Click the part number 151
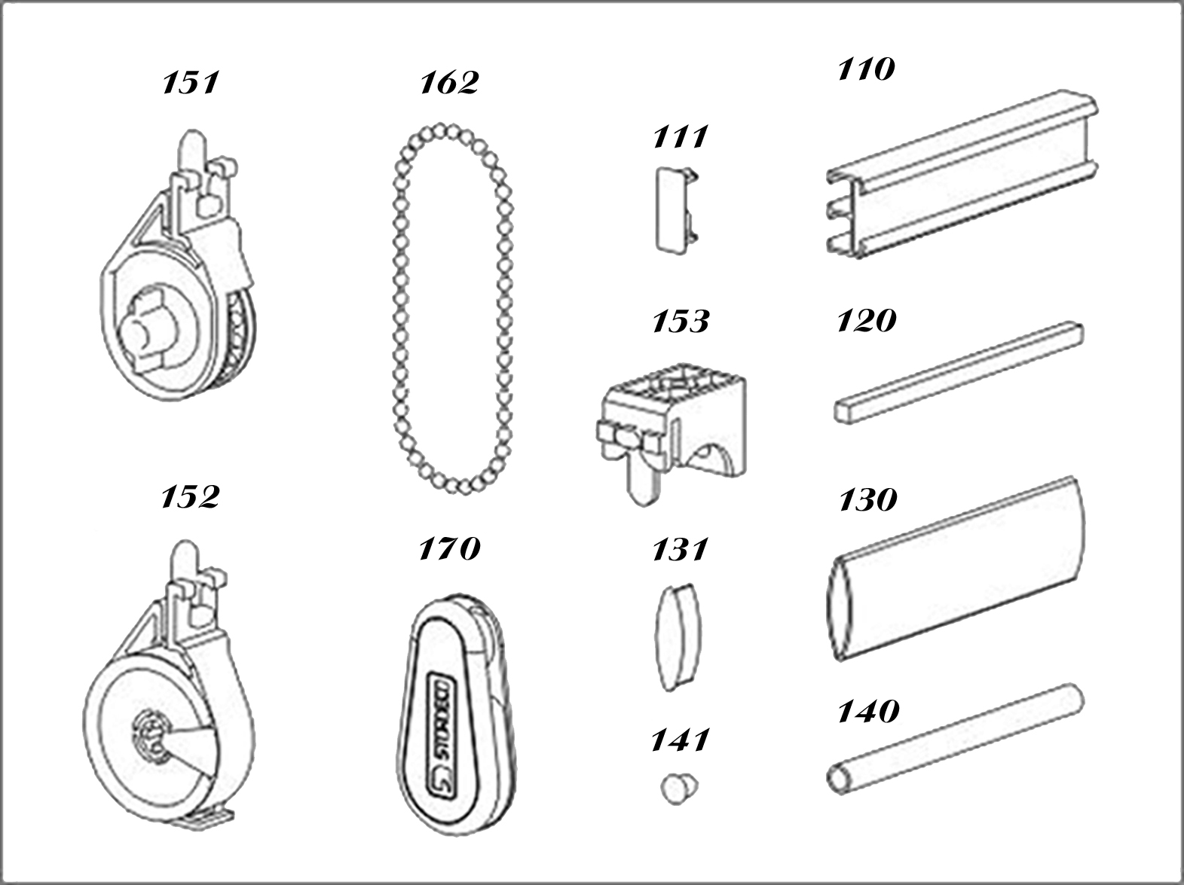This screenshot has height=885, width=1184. pyautogui.click(x=191, y=84)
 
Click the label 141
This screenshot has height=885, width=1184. pyautogui.click(x=681, y=740)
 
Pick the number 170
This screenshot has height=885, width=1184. pyautogui.click(x=449, y=548)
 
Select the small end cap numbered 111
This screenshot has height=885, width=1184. pyautogui.click(x=677, y=209)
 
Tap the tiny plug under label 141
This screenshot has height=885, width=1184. pyautogui.click(x=678, y=789)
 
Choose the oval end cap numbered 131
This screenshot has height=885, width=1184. pyautogui.click(x=678, y=636)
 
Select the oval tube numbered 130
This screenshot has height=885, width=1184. pyautogui.click(x=955, y=569)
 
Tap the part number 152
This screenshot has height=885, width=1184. pyautogui.click(x=191, y=496)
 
